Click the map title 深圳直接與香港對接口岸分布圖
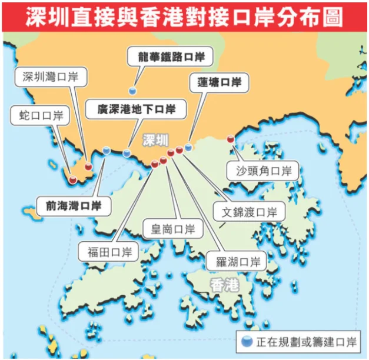coord(184,16)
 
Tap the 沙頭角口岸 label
coord(264,172)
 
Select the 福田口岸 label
coord(109,253)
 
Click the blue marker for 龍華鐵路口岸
coord(133,91)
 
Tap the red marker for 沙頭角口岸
coord(230,139)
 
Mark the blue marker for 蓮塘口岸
coord(188,147)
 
